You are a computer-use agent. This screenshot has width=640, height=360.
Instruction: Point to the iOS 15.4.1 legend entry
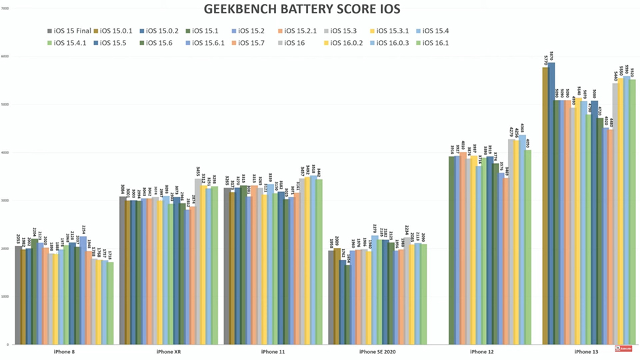click(x=73, y=43)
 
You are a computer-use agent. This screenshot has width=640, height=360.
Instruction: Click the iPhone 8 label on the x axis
click(x=65, y=351)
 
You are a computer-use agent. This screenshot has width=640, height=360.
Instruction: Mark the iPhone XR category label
click(x=169, y=351)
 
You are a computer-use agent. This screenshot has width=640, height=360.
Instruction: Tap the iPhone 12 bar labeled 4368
click(x=523, y=240)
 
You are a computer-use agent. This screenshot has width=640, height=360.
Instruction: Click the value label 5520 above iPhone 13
click(x=633, y=72)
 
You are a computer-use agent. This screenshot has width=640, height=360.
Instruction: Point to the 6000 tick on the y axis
click(x=5, y=57)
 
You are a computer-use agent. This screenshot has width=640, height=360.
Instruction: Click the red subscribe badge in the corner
click(x=625, y=348)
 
